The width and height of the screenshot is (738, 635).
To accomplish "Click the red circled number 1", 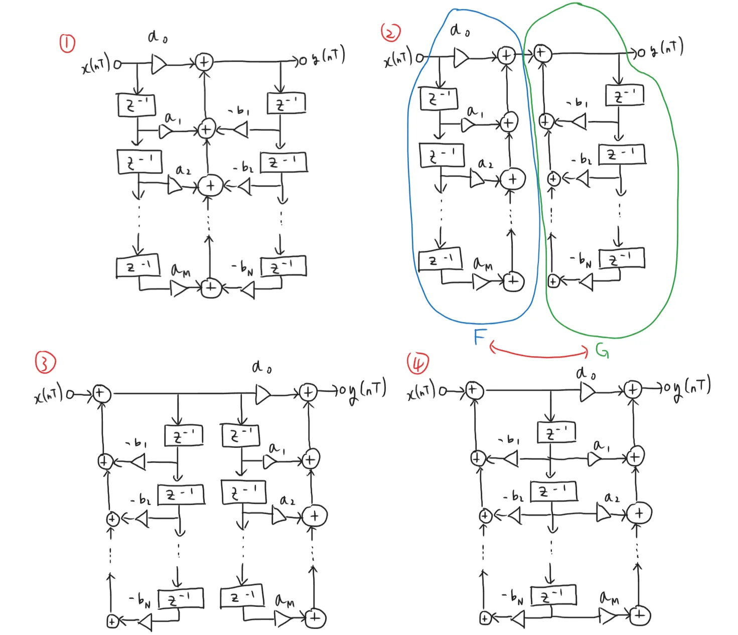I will click(x=67, y=44).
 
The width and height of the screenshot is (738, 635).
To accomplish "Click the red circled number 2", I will click(x=391, y=33).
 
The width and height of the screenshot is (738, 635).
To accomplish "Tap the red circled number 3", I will click(x=45, y=362).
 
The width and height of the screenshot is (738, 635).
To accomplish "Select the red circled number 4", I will click(x=417, y=363).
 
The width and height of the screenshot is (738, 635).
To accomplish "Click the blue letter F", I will click(x=480, y=337).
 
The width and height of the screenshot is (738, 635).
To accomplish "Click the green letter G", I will click(x=602, y=350).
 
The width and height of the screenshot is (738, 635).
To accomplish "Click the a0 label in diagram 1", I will click(x=158, y=37).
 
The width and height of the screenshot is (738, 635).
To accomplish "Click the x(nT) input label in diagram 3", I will click(x=49, y=393).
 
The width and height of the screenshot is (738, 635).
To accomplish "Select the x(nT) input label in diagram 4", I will click(x=421, y=390).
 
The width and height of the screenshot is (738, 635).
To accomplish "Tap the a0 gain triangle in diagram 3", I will click(x=263, y=394).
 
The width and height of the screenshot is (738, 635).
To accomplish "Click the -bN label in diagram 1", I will click(x=242, y=268).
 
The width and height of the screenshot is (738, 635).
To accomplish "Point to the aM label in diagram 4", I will click(x=609, y=597).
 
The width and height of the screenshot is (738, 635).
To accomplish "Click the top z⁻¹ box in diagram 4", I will click(x=556, y=432).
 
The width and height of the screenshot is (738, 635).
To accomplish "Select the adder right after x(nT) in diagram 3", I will click(x=100, y=393).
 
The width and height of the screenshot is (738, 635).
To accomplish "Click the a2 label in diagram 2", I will click(x=485, y=164).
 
